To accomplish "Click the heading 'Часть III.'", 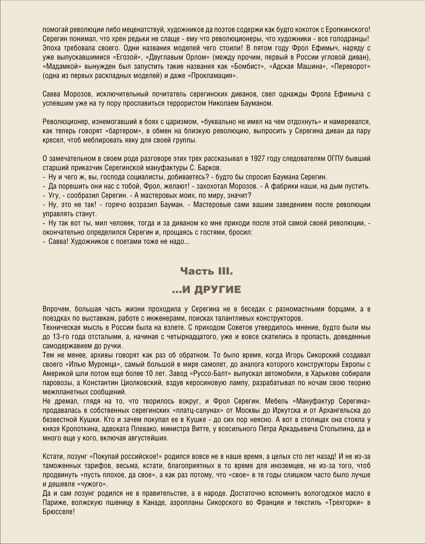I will [206, 272].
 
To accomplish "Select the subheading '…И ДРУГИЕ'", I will [206, 290].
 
